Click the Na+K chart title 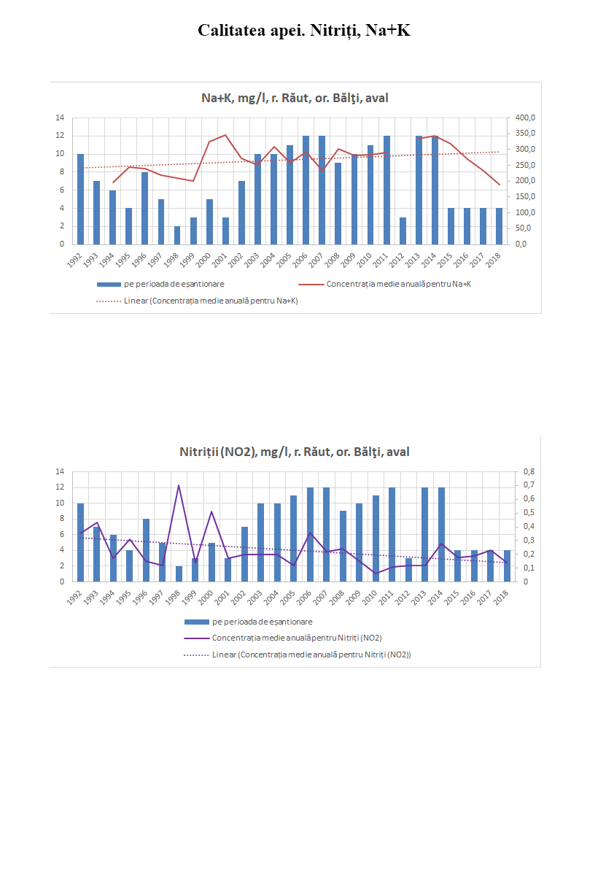pos(295,99)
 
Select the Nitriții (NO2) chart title pos(295,452)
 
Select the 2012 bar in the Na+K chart pos(403,231)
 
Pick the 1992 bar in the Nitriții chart pos(80,543)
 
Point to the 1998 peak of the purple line pos(179,485)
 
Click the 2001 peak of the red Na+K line pos(225,135)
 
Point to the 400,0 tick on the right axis pos(525,118)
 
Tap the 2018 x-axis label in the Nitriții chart pos(502,595)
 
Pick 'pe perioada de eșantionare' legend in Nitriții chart pos(262,622)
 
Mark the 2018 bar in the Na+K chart pos(499,226)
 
